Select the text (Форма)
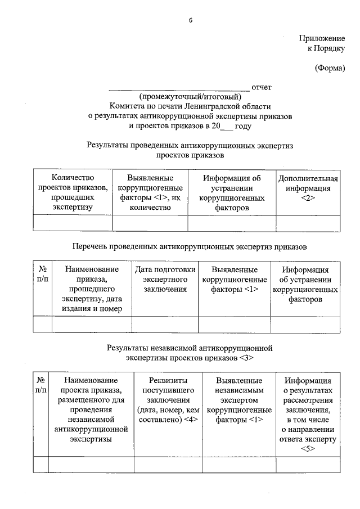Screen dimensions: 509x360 [x=330, y=69]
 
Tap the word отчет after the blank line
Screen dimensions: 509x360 [x=262, y=87]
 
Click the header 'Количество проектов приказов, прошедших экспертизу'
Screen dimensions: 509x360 [x=73, y=193]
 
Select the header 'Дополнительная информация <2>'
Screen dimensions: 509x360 [x=308, y=188]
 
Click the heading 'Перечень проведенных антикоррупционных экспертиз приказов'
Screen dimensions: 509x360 [x=190, y=246]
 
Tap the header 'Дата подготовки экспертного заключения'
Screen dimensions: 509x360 [x=165, y=279]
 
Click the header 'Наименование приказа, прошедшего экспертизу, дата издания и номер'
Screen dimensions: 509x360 [x=92, y=289]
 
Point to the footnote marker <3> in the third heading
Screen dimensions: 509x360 [x=246, y=357]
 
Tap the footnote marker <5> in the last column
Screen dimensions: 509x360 [x=308, y=449]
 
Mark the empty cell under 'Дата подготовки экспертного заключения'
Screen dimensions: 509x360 [x=165, y=325]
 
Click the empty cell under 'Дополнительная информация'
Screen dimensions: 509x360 [x=308, y=223]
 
